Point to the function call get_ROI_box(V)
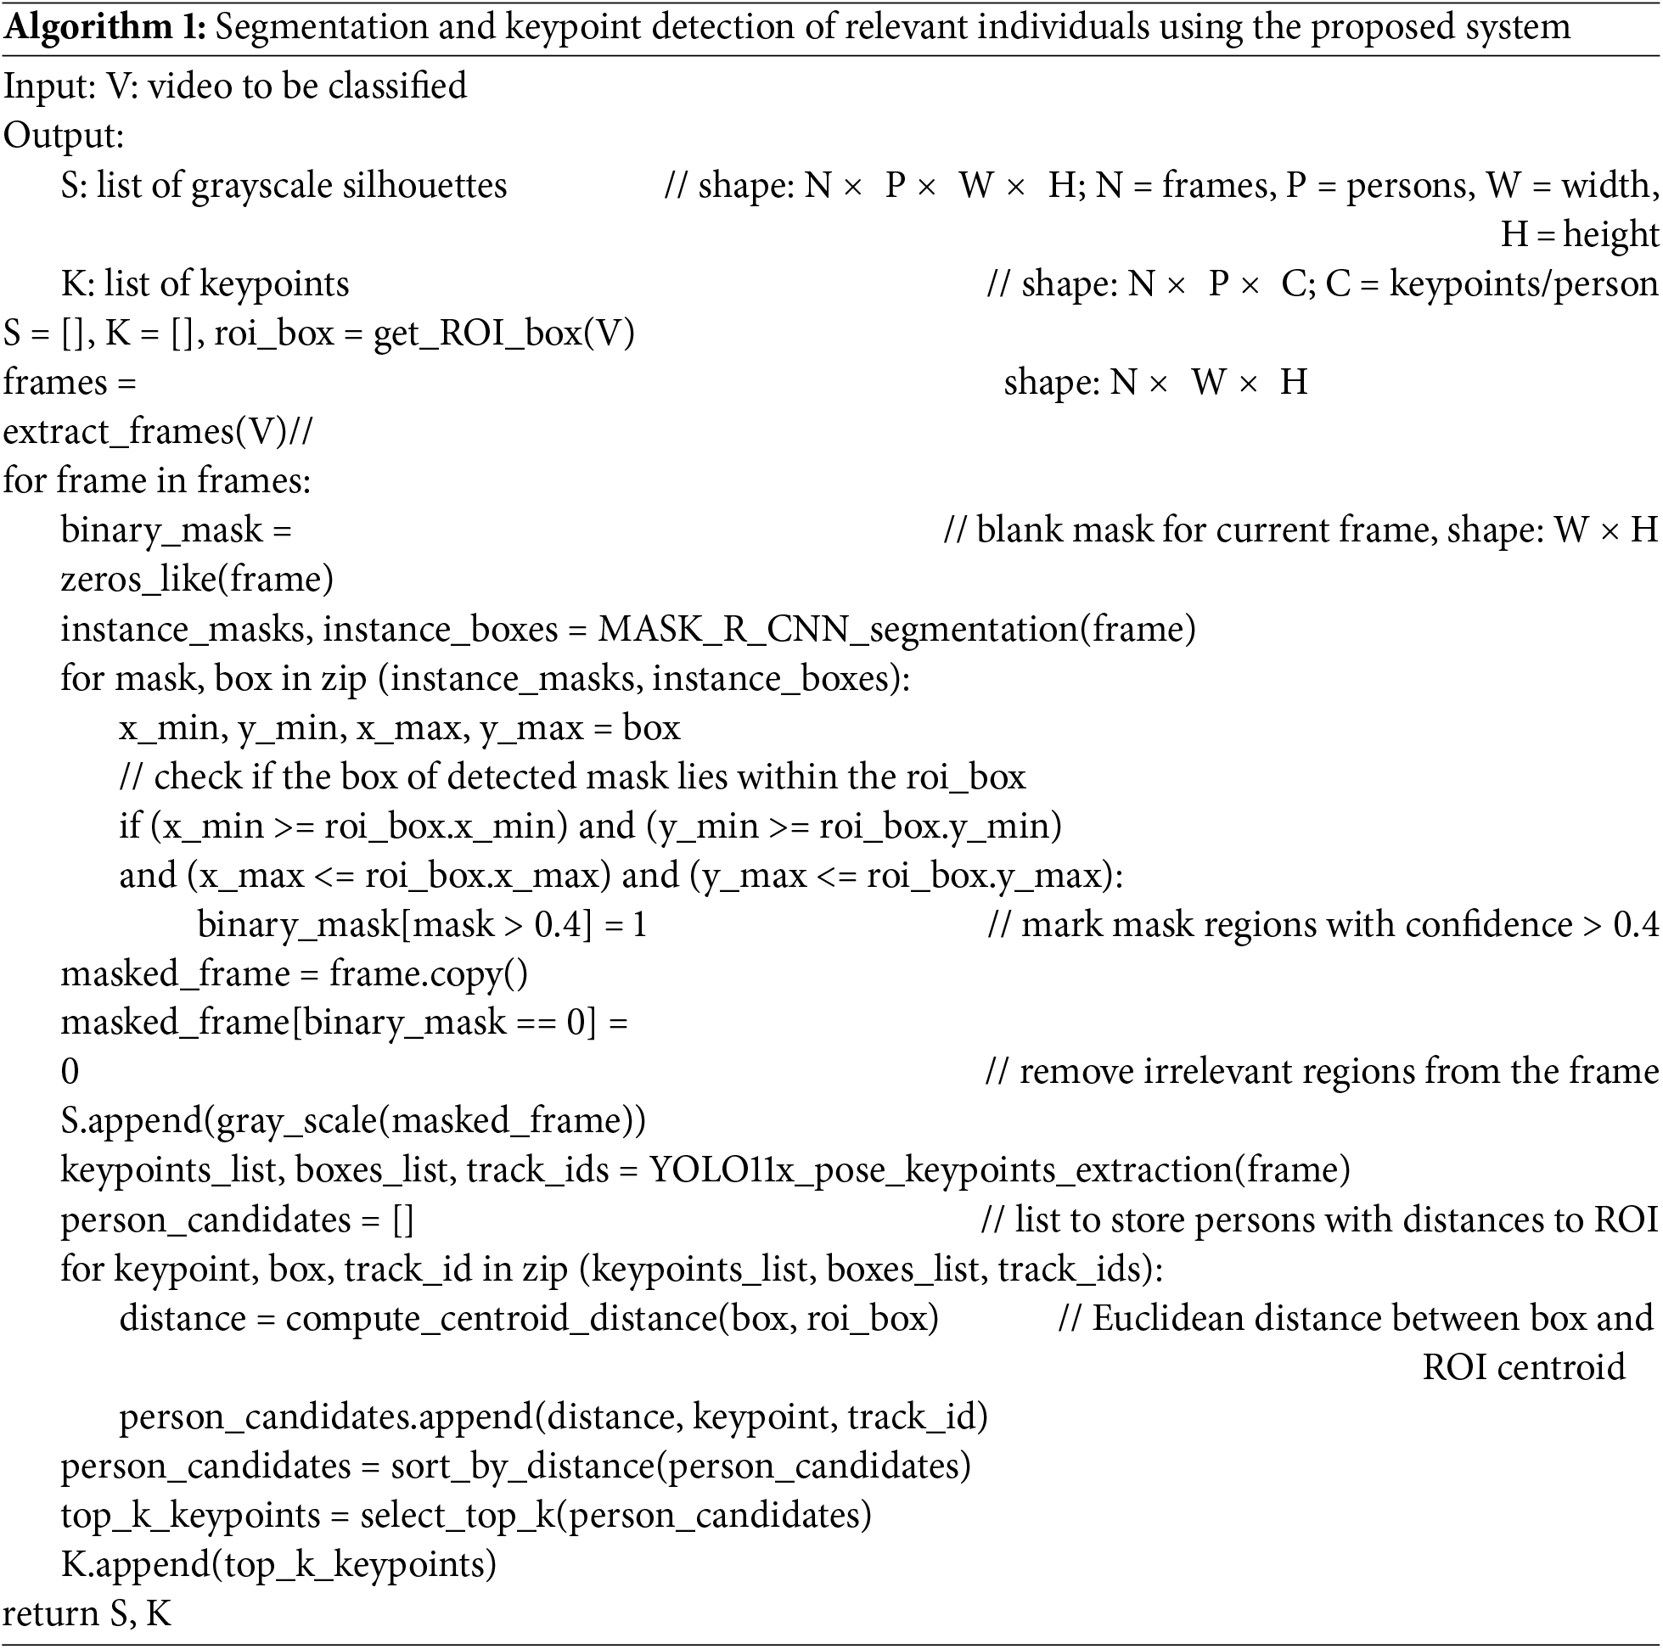click(x=503, y=333)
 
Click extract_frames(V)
click(x=144, y=431)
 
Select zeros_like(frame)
click(x=197, y=579)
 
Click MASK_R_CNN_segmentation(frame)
click(x=896, y=629)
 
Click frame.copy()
click(x=428, y=973)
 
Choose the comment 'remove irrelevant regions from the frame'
click(x=1339, y=1073)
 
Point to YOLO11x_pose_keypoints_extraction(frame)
click(x=999, y=1170)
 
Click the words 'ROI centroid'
click(x=1524, y=1367)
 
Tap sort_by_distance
click(x=522, y=1467)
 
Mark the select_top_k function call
click(x=615, y=1516)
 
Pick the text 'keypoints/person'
click(x=1524, y=284)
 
